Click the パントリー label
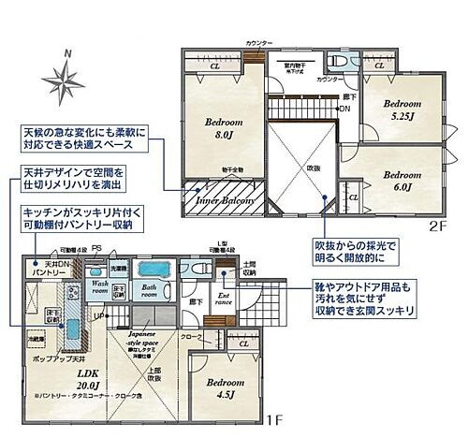[37, 270]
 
